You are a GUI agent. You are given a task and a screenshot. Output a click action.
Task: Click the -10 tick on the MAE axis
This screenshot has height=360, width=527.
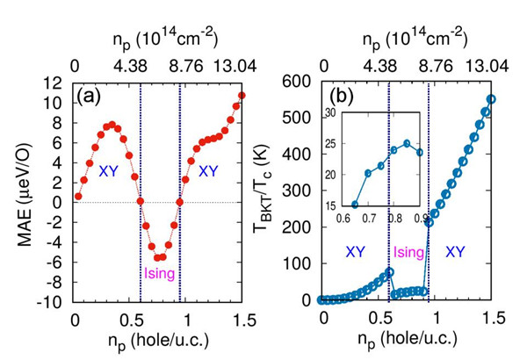coord(49,301)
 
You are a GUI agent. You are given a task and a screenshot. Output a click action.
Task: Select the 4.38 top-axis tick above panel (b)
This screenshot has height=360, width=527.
coord(387,64)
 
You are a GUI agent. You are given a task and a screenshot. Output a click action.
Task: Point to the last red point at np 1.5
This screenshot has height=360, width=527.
coord(242,96)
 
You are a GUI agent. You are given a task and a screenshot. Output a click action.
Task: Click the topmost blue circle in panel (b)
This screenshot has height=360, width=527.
coord(492,99)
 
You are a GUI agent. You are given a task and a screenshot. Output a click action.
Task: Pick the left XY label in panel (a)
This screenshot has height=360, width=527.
coord(108,169)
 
